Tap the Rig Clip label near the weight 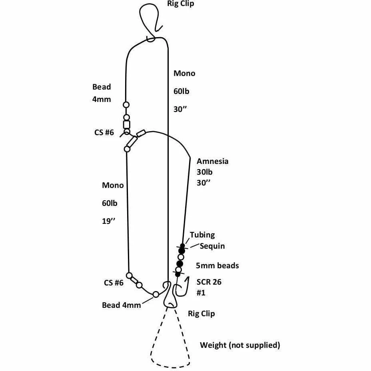pos(201,313)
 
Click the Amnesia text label pos(213,162)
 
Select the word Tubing pos(202,235)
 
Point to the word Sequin pos(212,246)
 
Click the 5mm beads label pos(217,265)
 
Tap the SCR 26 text pos(209,282)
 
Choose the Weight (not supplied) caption pos(240,345)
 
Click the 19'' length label pos(108,221)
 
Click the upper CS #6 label pos(104,133)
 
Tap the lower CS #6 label pos(114,283)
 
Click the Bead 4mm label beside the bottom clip pos(122,305)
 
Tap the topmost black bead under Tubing pos(183,245)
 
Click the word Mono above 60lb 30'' pos(184,74)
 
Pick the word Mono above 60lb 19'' pos(113,185)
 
